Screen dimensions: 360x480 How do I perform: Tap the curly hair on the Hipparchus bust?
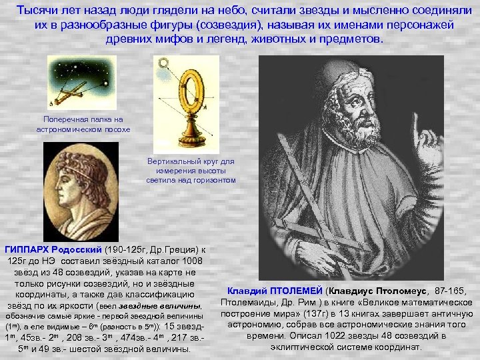click(x=67, y=170)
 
